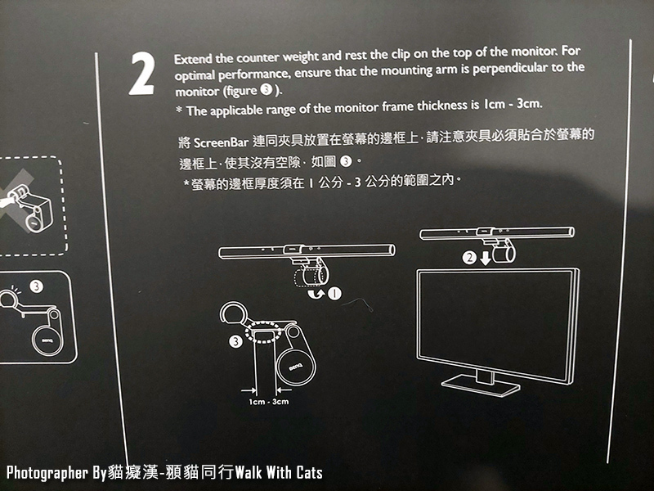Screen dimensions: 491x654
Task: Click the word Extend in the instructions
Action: pyautogui.click(x=191, y=61)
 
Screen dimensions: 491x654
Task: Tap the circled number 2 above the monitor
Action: pyautogui.click(x=468, y=256)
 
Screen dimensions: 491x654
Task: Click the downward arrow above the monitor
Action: pyautogui.click(x=486, y=257)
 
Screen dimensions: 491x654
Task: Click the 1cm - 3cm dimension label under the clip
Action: pyautogui.click(x=269, y=402)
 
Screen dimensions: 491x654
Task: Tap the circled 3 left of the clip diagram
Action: pyautogui.click(x=236, y=341)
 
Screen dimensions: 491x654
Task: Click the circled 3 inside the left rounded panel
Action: pyautogui.click(x=36, y=286)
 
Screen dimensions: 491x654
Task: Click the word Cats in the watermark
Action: pyautogui.click(x=306, y=472)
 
